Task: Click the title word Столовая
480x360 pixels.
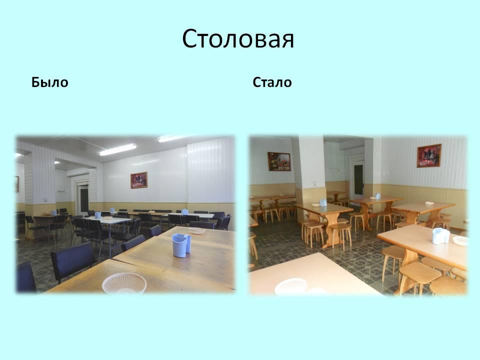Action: coord(238,39)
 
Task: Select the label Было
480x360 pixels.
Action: coord(49,82)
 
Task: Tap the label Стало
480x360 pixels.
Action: coord(272,82)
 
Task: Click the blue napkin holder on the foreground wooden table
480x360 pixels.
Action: coord(181,245)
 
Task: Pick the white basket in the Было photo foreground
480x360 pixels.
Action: coord(124,283)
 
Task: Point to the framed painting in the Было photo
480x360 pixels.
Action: coord(139,180)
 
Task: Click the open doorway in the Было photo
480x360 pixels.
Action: coord(82,199)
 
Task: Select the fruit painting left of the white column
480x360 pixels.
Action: coord(279,161)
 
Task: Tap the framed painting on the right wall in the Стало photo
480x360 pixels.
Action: coord(429,156)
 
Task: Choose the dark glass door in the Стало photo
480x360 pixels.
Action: coord(358,178)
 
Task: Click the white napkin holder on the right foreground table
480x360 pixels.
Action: coord(441,236)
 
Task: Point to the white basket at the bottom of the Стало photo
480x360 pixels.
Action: coord(291,287)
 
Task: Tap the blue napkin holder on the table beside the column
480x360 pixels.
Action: coord(323,202)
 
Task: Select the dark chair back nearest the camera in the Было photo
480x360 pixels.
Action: coord(73,261)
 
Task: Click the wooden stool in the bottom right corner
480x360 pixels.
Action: coord(448,286)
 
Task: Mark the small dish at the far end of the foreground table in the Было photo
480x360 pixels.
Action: coord(197,230)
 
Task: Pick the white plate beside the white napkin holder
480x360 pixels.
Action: coord(460,241)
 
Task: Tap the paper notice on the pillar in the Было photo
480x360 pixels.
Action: coord(45,199)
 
